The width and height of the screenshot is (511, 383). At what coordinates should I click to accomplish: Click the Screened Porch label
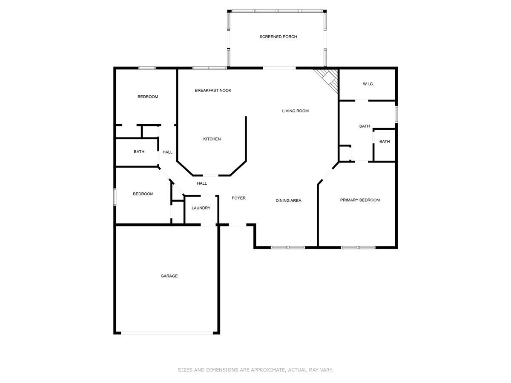[x=278, y=37]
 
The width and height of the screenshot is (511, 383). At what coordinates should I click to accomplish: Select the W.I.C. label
[x=368, y=84]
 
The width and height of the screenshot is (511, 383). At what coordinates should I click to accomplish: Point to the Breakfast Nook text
[x=213, y=90]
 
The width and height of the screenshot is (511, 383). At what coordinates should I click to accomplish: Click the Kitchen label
[x=212, y=139]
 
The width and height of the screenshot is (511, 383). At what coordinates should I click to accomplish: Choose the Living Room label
[x=295, y=111]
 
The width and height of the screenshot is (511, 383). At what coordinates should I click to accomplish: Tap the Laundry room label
[x=201, y=208]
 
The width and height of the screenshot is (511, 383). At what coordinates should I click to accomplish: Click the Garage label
[x=169, y=276]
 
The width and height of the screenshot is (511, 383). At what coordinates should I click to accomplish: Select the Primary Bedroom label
[x=360, y=200]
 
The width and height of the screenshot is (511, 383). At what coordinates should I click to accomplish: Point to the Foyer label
[x=238, y=198]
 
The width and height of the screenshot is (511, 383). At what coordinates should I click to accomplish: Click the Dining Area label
[x=288, y=200]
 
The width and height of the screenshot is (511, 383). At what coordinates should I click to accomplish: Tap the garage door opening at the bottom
[x=167, y=333]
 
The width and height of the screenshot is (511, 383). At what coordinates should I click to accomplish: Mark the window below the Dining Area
[x=287, y=247]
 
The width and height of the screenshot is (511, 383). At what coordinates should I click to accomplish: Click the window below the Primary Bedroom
[x=358, y=247]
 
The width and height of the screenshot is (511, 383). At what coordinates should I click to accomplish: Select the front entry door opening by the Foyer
[x=238, y=225]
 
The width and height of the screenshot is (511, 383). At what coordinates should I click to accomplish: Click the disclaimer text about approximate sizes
[x=255, y=370]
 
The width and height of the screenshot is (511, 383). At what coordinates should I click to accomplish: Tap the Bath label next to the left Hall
[x=139, y=152]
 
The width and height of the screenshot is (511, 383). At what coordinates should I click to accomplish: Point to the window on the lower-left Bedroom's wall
[x=115, y=197]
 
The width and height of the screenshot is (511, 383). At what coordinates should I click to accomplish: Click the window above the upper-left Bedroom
[x=147, y=68]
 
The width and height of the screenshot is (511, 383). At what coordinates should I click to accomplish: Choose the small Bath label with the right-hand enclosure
[x=385, y=142]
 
